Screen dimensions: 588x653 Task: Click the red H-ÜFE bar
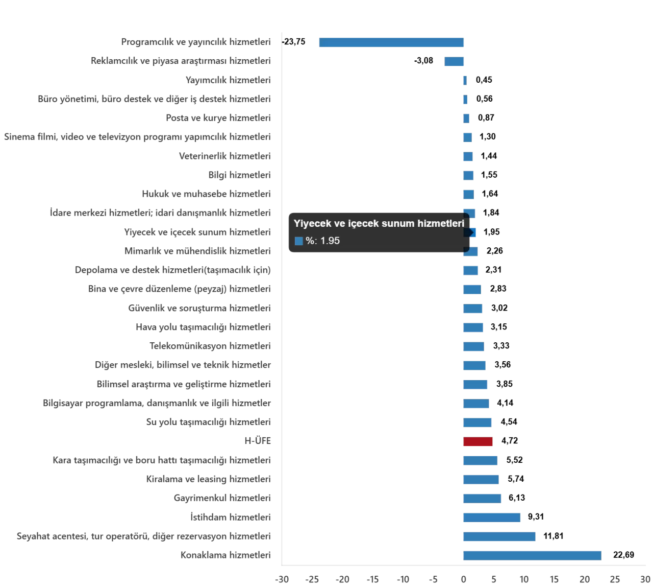478,441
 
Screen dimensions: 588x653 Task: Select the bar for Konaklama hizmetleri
532,555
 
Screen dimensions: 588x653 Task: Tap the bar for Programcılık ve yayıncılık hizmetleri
391,42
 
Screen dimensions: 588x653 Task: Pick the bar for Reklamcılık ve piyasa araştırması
454,61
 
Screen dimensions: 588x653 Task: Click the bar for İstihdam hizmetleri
492,517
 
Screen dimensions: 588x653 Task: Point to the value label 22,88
623,555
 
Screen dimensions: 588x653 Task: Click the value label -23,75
295,42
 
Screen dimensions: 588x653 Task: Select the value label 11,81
554,536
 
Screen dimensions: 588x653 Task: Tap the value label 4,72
510,441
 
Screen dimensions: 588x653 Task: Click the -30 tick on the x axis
282,579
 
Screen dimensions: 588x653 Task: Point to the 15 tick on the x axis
554,579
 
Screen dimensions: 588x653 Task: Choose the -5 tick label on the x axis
433,579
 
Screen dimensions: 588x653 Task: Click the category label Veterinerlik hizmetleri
225,156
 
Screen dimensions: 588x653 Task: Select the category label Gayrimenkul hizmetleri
222,498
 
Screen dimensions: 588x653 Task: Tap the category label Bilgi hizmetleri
239,175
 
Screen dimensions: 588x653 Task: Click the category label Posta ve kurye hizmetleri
218,117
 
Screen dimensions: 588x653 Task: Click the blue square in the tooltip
299,241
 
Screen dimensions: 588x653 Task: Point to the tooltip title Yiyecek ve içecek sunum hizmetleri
379,223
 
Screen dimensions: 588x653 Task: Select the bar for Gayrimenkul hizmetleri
482,498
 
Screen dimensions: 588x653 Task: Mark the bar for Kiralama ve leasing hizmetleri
481,479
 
